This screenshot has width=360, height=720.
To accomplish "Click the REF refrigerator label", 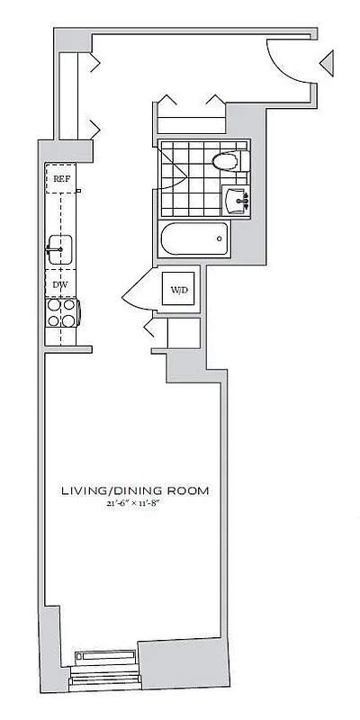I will pos(60,178).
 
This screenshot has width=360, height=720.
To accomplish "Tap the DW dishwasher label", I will pos(60,284).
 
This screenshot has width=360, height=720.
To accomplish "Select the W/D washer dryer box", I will pos(180,290).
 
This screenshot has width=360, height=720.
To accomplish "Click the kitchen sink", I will pos(61,247).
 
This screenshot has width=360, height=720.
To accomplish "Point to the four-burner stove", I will pos(61,311).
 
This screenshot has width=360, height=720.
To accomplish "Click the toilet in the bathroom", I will pos(226,162).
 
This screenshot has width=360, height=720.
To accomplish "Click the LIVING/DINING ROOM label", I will pos(135,491).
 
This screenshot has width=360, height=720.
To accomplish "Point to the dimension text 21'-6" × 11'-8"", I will pos(135,505).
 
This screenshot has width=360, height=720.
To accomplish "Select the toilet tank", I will pos(240,162).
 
